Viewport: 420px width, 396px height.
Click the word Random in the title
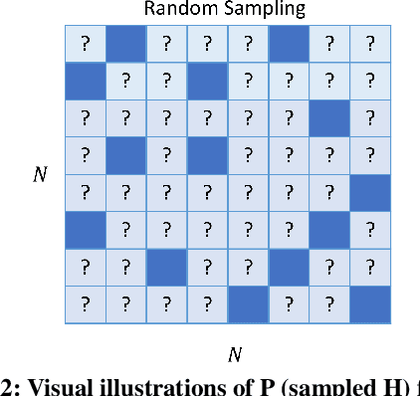tap(174, 10)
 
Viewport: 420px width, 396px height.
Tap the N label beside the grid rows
tap(39, 175)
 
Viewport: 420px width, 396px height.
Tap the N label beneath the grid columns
tap(232, 353)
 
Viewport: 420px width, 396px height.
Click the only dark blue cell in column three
tap(166, 267)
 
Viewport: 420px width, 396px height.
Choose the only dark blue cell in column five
tap(248, 304)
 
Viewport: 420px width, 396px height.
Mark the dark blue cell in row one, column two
tap(125, 44)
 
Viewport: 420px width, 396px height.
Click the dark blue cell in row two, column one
tap(85, 81)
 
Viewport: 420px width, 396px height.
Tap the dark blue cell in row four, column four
tap(207, 155)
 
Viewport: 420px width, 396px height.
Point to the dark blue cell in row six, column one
tap(85, 230)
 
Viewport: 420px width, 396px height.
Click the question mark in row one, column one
tap(85, 44)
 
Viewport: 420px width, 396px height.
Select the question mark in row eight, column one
tap(85, 304)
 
